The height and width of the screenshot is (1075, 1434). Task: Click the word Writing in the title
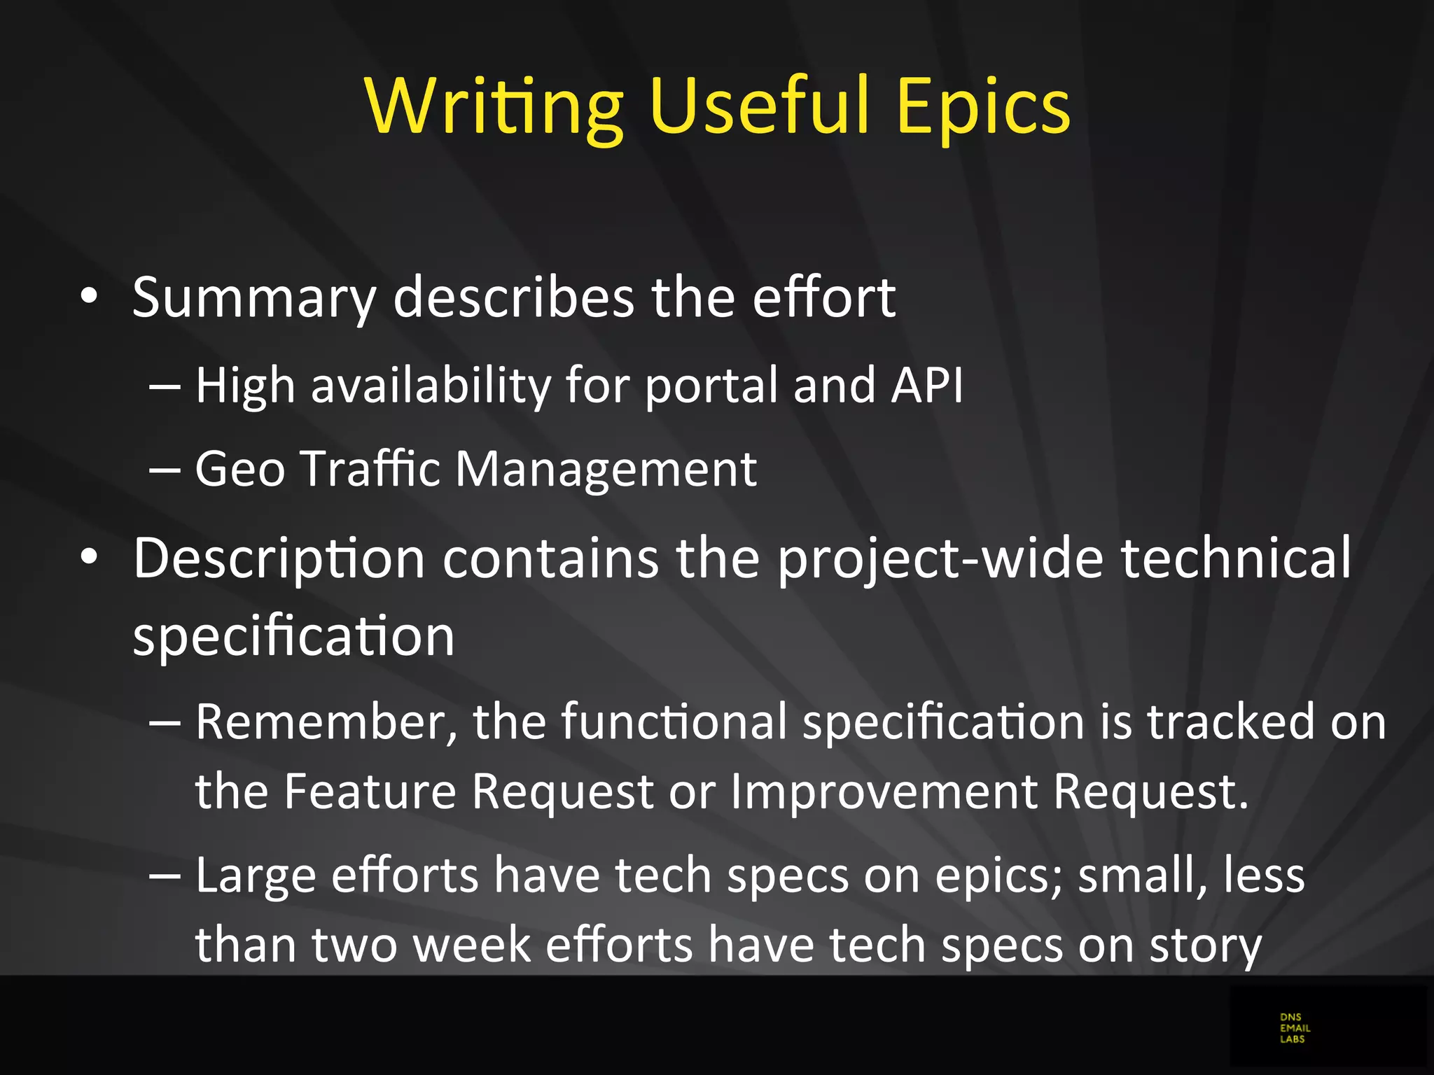(x=494, y=106)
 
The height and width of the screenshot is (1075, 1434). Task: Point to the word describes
(x=514, y=297)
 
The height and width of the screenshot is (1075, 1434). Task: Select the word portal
(x=711, y=387)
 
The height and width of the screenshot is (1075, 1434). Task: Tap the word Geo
(x=239, y=468)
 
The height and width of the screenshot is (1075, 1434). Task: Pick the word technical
(x=1236, y=558)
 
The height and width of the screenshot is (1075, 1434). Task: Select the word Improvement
(x=884, y=792)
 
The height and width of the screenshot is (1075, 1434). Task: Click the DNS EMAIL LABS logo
(x=1295, y=1028)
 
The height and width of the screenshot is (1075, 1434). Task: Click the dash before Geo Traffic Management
(x=165, y=470)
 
